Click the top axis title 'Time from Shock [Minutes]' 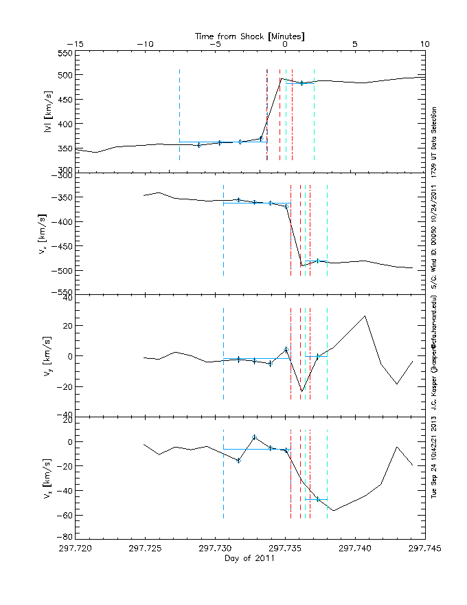(249, 35)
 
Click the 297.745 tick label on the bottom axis (424, 549)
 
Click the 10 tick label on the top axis (424, 43)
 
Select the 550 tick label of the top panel (63, 53)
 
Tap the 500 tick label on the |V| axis (63, 76)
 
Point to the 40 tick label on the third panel (66, 298)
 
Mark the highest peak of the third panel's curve (365, 316)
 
